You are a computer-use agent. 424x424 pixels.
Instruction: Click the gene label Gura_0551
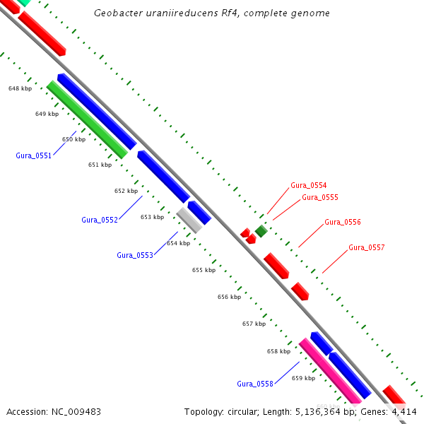pos(33,155)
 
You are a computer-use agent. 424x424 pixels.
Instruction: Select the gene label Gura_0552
pos(99,220)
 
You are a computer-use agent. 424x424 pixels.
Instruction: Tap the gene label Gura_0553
pos(134,255)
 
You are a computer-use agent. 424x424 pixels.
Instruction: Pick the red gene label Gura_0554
pos(308,185)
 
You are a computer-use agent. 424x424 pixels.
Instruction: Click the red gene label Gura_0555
pos(319,197)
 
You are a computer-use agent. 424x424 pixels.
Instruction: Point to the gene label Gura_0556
pos(342,222)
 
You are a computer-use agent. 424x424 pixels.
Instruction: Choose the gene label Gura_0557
pos(366,247)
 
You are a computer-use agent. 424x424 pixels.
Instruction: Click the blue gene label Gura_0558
pos(254,384)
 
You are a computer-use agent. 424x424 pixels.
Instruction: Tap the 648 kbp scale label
pos(20,88)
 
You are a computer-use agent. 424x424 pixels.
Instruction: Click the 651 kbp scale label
pos(100,165)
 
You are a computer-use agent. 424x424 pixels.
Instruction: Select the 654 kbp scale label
pos(178,243)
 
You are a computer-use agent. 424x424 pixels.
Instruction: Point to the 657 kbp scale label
pos(254,324)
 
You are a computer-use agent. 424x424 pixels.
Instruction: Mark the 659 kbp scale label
pos(303,378)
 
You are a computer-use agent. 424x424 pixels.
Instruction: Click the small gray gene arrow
pos(189,220)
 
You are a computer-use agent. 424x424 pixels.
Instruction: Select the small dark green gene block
pos(261,231)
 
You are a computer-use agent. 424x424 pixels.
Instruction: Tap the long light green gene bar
pos(87,119)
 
